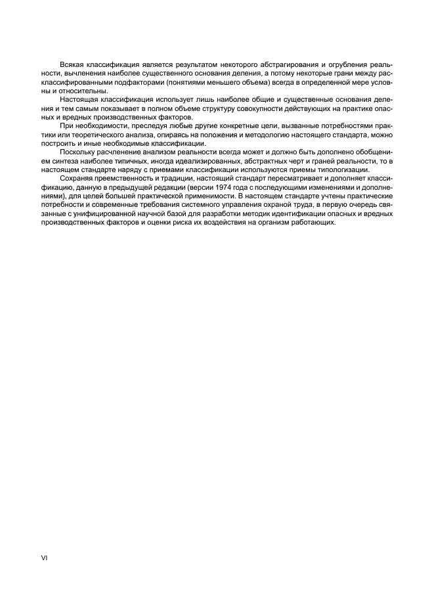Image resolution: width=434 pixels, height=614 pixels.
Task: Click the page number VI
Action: pos(45,558)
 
